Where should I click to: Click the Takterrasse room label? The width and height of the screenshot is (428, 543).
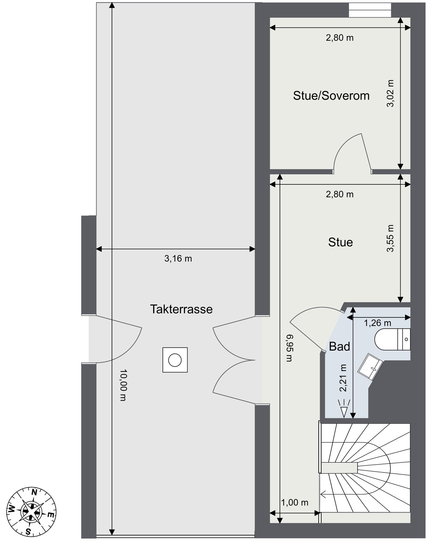point(181,309)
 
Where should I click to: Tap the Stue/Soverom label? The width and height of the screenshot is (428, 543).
point(331,96)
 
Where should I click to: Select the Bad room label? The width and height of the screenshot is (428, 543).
point(339,347)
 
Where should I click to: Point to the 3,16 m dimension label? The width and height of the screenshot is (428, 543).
point(178,259)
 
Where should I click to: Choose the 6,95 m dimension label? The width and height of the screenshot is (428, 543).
point(289,348)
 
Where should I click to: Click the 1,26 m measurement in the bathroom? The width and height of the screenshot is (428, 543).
point(377,323)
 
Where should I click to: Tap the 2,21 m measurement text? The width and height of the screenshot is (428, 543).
point(343,378)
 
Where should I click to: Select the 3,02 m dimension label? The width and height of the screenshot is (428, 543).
point(391,93)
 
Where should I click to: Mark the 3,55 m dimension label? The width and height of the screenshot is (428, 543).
point(391,238)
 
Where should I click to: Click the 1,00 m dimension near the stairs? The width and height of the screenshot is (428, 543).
point(295,502)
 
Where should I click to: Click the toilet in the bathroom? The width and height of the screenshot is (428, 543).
point(392,339)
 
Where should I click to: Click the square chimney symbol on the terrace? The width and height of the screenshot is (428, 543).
point(175,360)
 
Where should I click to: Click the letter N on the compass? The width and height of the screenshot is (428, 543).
point(35,493)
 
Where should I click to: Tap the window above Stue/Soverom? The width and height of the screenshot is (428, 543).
point(370,10)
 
